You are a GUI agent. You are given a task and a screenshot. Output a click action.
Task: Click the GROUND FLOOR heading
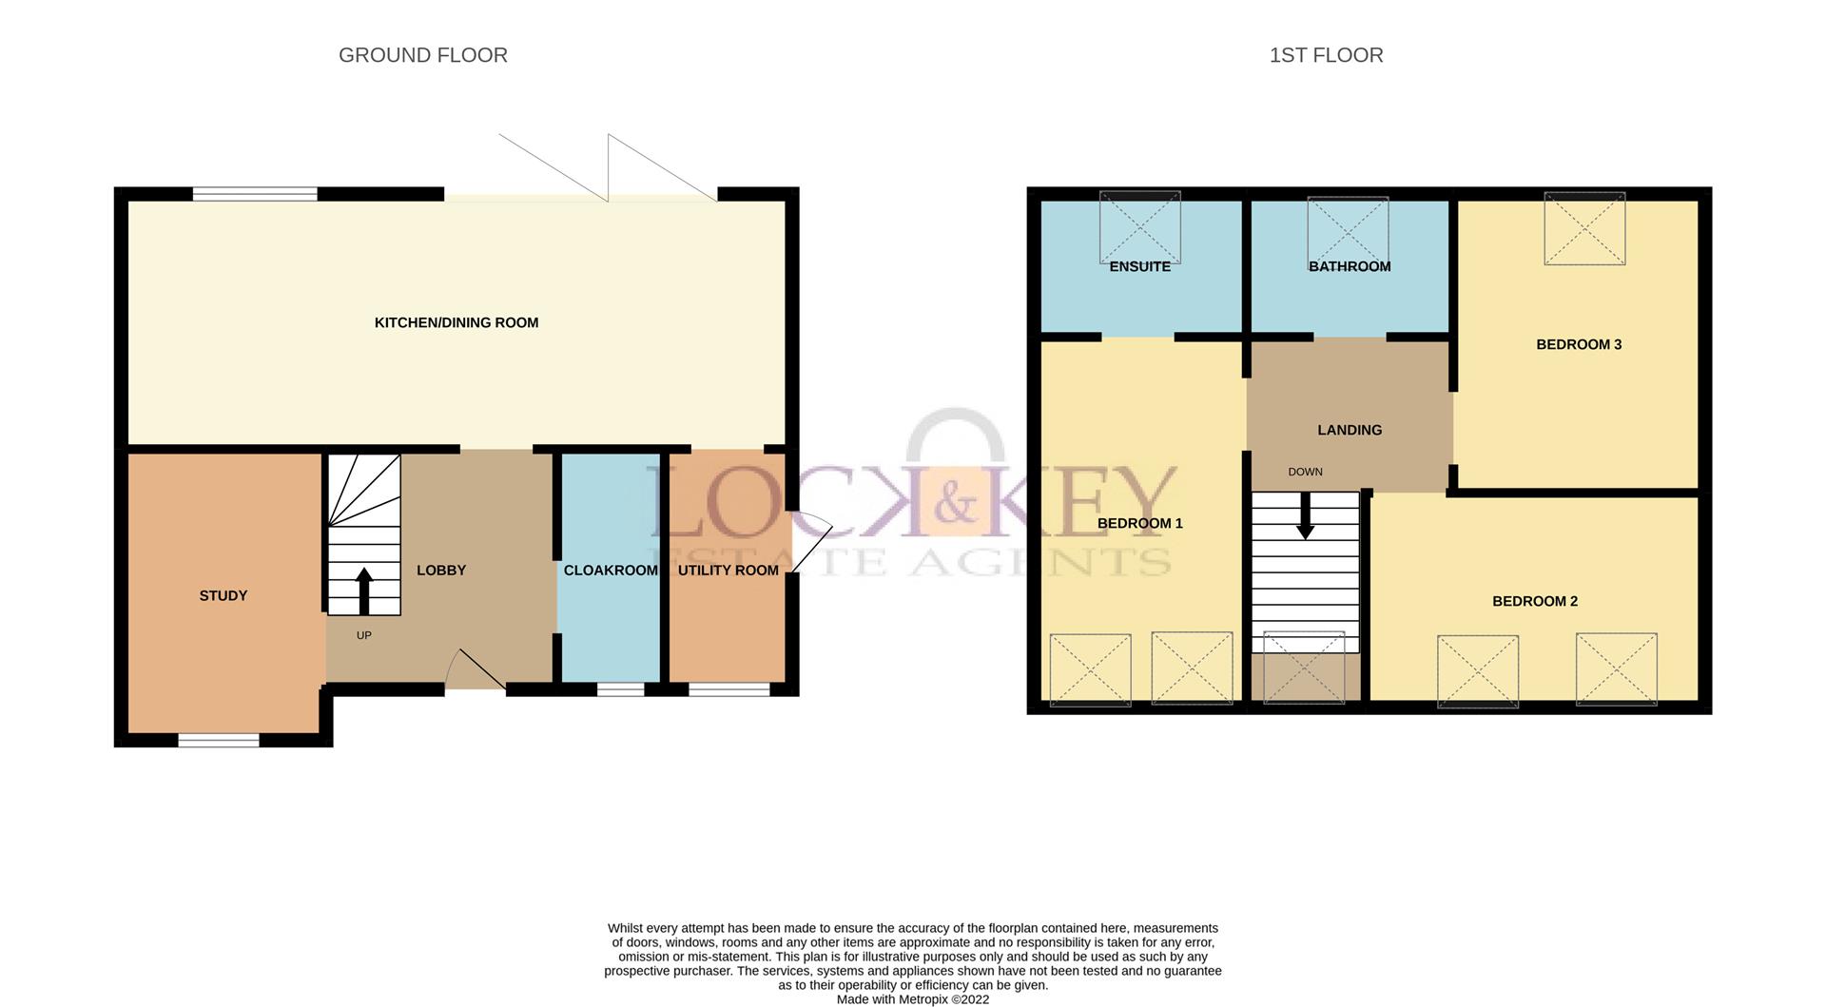click(422, 55)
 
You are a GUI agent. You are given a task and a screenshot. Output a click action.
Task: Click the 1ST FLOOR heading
click(1326, 55)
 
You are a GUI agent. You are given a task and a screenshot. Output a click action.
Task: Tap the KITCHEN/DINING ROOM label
click(456, 322)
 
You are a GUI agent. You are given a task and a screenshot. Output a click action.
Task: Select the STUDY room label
click(223, 595)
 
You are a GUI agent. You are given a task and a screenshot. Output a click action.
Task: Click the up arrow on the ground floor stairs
click(364, 590)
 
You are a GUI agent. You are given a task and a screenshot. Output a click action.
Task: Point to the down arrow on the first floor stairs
click(1306, 516)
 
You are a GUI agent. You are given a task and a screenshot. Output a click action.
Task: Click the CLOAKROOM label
click(611, 571)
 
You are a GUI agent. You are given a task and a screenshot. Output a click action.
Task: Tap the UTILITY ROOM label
click(728, 571)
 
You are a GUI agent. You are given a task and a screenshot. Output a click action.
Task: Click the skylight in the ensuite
click(1139, 226)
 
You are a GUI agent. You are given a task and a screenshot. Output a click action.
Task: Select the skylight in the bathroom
click(1348, 228)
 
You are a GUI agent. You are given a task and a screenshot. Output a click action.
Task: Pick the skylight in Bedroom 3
click(1584, 228)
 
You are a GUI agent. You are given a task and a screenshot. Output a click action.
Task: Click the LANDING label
click(1350, 430)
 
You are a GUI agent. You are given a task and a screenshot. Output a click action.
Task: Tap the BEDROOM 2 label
click(1535, 601)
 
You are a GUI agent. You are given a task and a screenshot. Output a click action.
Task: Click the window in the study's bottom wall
click(219, 740)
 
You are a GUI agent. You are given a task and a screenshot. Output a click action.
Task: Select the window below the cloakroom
click(620, 688)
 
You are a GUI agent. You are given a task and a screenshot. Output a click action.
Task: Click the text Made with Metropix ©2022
click(913, 999)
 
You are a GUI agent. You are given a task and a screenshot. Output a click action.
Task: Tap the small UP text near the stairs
click(363, 635)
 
